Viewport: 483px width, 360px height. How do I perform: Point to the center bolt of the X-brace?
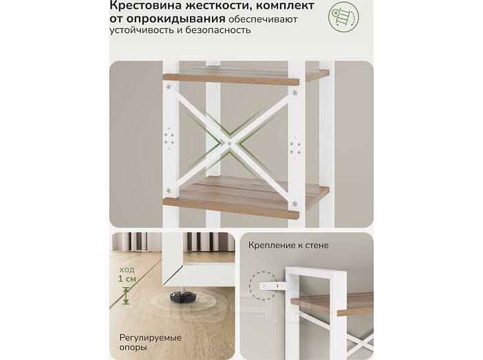229,143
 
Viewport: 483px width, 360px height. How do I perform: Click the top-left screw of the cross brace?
169,87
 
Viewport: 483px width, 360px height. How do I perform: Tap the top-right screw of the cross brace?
294,92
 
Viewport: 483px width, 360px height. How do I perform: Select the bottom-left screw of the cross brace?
169,191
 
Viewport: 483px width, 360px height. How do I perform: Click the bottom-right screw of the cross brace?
294,204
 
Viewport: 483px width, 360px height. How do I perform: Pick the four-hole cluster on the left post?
169,138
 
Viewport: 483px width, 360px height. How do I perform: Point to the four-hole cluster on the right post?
295,147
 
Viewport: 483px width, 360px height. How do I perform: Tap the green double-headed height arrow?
126,295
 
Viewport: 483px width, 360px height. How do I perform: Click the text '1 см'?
127,279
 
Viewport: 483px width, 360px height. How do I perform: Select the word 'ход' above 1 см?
127,270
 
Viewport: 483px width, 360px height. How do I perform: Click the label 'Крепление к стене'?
288,245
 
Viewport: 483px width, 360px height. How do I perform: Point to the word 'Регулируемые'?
150,338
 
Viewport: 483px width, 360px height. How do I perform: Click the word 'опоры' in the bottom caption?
133,348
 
